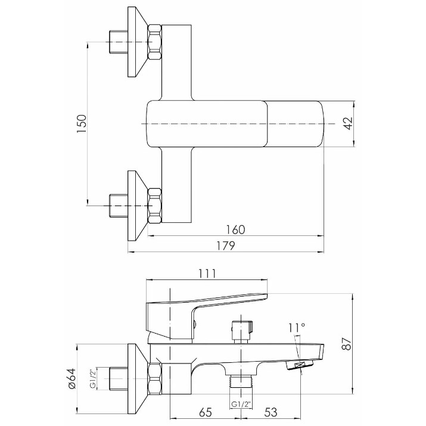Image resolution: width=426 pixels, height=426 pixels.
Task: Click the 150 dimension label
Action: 82,123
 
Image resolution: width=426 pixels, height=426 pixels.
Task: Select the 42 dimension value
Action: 349,123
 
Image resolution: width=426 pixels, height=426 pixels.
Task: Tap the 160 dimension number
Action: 235,230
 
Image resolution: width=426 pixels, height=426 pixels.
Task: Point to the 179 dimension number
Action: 225,245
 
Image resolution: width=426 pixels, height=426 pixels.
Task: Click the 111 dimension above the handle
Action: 207,273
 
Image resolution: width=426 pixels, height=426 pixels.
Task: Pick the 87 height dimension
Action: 347,343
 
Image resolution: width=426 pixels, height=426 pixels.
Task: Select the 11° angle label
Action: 297,328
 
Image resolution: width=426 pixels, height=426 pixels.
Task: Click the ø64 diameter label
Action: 71,379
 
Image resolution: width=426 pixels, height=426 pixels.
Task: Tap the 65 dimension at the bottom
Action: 206,412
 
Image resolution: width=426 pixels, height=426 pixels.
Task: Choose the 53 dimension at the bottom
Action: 271,412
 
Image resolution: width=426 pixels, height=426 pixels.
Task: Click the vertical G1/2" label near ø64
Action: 92,378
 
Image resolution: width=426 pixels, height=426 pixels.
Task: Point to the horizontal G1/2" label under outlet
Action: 241,405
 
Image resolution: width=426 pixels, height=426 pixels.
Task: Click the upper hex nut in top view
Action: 154,42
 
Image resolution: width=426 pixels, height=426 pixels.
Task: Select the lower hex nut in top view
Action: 154,206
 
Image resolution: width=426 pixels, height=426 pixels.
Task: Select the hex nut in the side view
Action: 155,379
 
